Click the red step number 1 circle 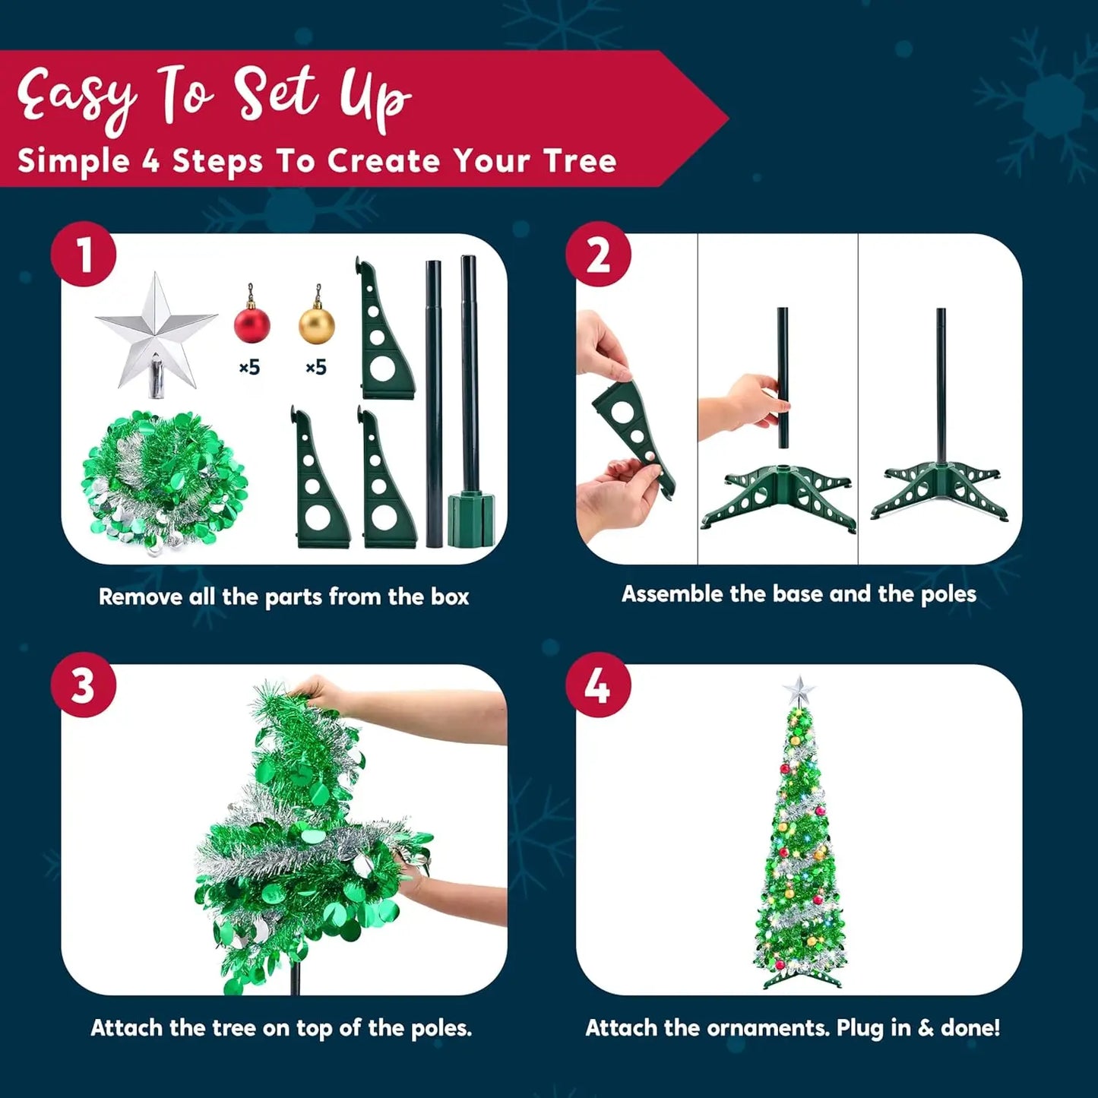tap(84, 255)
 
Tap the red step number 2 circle tap(598, 255)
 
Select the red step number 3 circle tap(84, 685)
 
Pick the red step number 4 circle tap(598, 685)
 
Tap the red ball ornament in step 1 tap(252, 323)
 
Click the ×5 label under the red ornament tap(249, 368)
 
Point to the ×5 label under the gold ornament tap(315, 368)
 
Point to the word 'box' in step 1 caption tap(450, 597)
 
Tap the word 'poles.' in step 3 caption tap(441, 1028)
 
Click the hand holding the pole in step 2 tap(741, 403)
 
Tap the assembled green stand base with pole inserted tap(941, 490)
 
